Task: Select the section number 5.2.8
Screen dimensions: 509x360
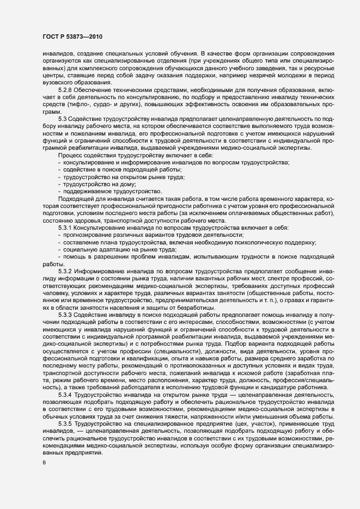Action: pos(65,89)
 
